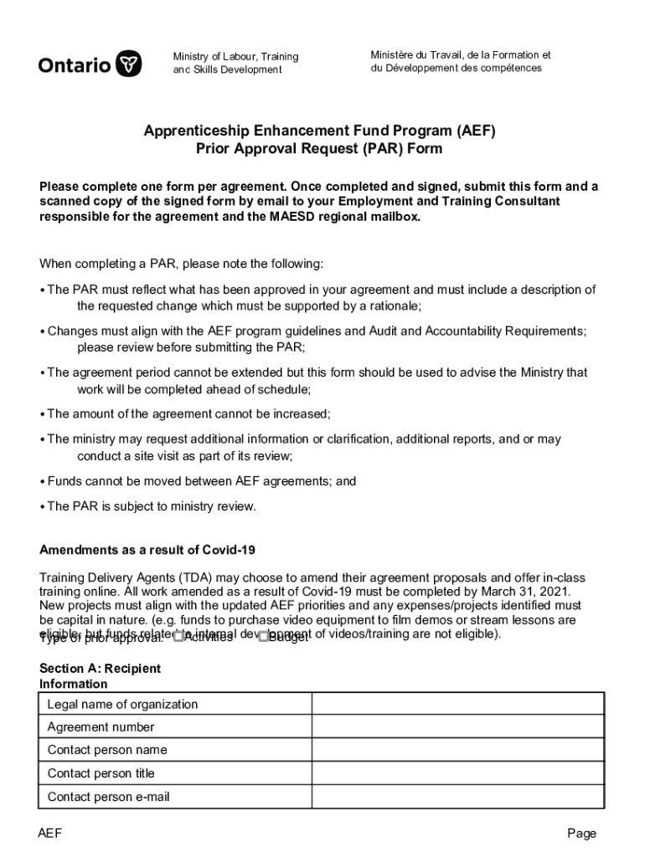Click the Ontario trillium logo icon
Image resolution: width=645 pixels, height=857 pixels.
coord(128,64)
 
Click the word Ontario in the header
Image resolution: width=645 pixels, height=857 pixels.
coord(74,64)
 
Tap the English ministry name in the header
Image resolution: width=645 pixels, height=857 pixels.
coord(235,63)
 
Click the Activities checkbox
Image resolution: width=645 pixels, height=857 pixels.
coord(178,637)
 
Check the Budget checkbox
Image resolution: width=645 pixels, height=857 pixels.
coord(263,637)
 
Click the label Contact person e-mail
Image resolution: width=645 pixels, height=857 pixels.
coord(108,797)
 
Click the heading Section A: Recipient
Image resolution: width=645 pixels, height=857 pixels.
coord(100,669)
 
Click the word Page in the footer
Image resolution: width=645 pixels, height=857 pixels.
coord(581,834)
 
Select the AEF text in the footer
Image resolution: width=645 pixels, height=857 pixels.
coord(50,834)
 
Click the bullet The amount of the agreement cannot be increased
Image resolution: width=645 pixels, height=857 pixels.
coord(188,413)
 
